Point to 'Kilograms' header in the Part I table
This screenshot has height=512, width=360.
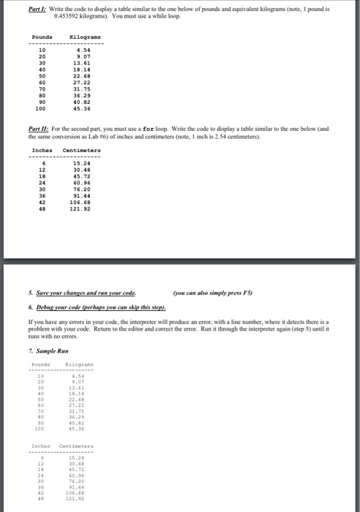[84, 37]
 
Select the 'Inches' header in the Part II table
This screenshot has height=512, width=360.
[42, 151]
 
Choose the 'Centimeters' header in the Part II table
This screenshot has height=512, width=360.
[82, 151]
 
